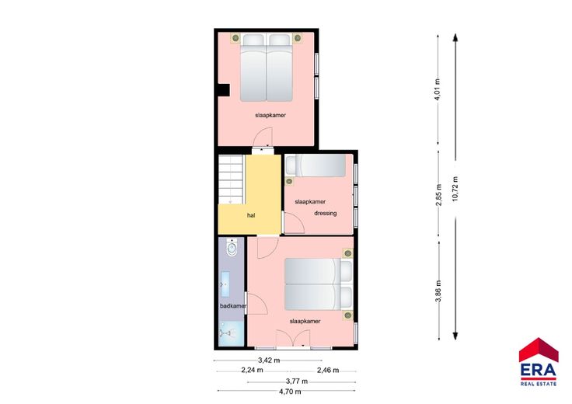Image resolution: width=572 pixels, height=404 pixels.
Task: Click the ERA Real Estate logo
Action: pyautogui.click(x=539, y=362)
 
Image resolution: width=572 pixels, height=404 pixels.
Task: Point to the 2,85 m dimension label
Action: pyautogui.click(x=439, y=195)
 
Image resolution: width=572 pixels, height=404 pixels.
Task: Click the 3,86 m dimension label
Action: pyautogui.click(x=439, y=291)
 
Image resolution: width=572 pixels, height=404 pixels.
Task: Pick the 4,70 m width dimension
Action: pyautogui.click(x=290, y=392)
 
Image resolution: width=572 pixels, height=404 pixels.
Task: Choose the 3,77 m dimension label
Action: pyautogui.click(x=297, y=381)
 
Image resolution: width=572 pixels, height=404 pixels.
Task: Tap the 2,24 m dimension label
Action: pyautogui.click(x=252, y=370)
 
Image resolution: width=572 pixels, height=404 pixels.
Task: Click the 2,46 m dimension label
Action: pyautogui.click(x=328, y=371)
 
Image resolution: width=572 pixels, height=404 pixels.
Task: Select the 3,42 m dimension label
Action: pyautogui.click(x=269, y=360)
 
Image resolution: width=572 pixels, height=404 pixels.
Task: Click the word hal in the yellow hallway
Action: pyautogui.click(x=251, y=215)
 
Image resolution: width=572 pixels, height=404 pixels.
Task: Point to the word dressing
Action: pyautogui.click(x=326, y=214)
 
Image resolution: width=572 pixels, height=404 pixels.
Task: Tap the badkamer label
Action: pyautogui.click(x=233, y=306)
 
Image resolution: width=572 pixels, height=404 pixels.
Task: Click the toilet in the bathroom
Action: pyautogui.click(x=232, y=247)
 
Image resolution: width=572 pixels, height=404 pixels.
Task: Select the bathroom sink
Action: pyautogui.click(x=225, y=284)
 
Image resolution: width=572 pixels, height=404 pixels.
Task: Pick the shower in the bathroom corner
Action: pyautogui.click(x=231, y=333)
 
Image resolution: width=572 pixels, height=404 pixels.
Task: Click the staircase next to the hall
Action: pyautogui.click(x=231, y=179)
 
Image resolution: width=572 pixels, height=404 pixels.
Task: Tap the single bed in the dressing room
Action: pyautogui.click(x=316, y=165)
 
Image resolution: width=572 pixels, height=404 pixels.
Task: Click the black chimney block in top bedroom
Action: pyautogui.click(x=223, y=90)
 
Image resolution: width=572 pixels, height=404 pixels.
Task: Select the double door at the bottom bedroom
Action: pyautogui.click(x=293, y=337)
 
